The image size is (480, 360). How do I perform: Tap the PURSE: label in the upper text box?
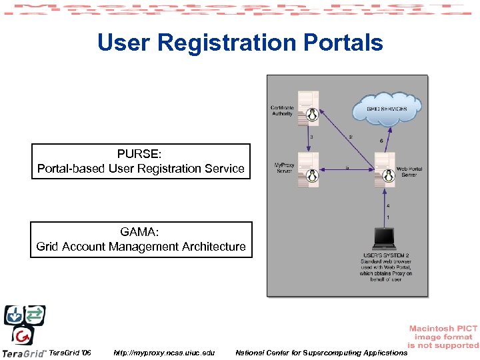[x=141, y=155]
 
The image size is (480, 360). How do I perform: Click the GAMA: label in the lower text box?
[x=141, y=233]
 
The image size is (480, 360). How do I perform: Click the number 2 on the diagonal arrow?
[x=351, y=137]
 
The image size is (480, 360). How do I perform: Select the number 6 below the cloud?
[x=381, y=141]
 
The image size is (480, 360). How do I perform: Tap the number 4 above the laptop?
[x=389, y=206]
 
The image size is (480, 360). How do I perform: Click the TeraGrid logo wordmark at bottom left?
[x=24, y=353]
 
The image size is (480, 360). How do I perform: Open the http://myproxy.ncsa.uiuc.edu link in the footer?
[x=164, y=353]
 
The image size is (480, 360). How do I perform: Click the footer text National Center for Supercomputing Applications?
[x=321, y=353]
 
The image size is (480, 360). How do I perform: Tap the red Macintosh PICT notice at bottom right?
[x=443, y=337]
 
